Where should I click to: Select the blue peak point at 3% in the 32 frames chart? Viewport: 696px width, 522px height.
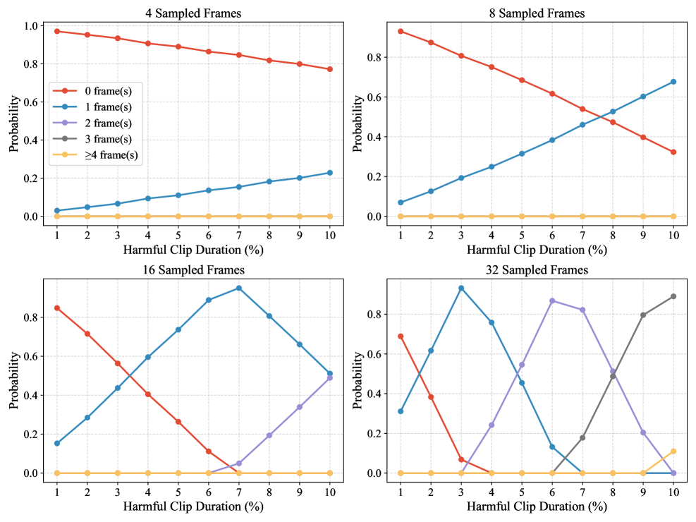[461, 288]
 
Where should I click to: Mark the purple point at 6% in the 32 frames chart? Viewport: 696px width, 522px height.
[552, 301]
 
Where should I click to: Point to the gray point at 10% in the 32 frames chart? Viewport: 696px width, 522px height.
[673, 296]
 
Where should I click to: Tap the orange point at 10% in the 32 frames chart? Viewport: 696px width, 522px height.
[673, 451]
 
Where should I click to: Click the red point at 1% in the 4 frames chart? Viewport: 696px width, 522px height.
[56, 31]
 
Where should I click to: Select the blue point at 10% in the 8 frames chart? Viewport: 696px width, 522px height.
[673, 82]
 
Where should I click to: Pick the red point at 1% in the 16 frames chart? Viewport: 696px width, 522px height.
[56, 308]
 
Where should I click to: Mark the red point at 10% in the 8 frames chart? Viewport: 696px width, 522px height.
[673, 152]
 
